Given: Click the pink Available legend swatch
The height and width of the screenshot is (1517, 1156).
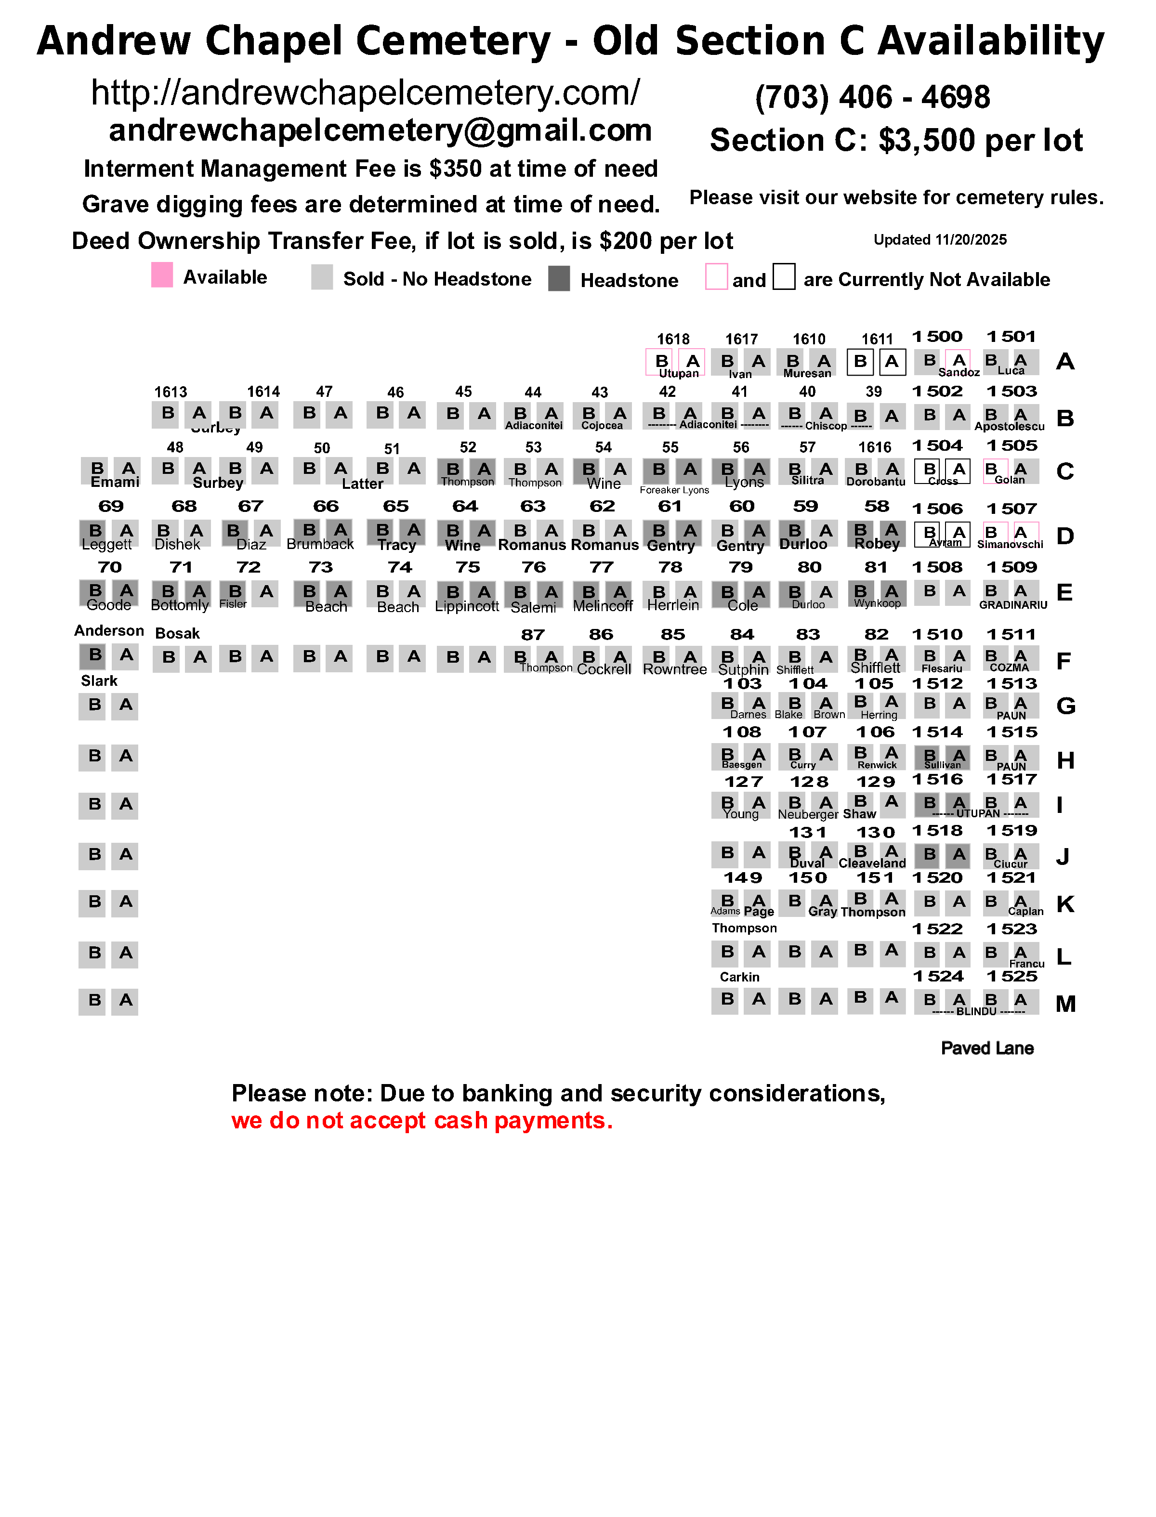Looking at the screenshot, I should (x=162, y=275).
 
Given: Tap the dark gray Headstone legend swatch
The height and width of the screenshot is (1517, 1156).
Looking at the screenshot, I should (x=559, y=279).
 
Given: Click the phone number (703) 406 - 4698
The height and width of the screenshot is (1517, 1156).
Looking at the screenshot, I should (x=872, y=97).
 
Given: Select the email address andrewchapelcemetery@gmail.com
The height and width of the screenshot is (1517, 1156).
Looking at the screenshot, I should (x=380, y=131).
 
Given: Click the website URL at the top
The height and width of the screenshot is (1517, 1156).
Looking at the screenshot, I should (x=366, y=93).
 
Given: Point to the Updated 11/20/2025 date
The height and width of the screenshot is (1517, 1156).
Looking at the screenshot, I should (x=939, y=240).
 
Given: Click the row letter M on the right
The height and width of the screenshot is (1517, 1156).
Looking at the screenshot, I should (x=1065, y=1005).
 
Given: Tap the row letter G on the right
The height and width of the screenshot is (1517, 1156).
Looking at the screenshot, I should (x=1065, y=706).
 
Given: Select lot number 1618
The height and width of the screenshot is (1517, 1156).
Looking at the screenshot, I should (x=672, y=339).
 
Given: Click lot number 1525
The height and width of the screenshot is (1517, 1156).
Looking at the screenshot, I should (x=1011, y=976).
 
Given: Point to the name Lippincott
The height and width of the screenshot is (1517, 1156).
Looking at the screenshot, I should (x=467, y=607).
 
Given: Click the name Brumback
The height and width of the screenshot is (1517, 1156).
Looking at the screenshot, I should (x=320, y=544).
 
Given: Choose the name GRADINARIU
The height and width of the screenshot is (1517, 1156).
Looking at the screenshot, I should (x=1013, y=605).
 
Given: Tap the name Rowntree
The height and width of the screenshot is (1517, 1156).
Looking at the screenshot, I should (x=674, y=669).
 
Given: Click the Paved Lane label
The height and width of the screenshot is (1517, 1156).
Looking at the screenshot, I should (x=987, y=1048).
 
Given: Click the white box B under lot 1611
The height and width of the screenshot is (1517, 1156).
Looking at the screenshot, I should (x=860, y=362).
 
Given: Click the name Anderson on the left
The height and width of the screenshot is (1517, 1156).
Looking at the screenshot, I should (x=109, y=631).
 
